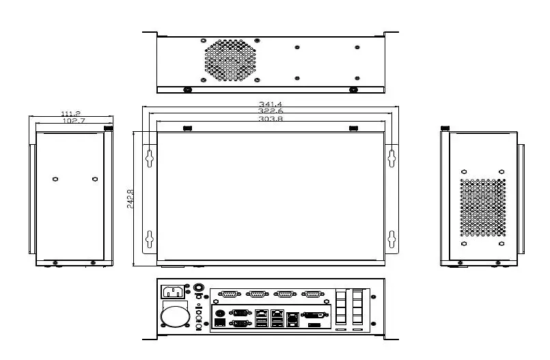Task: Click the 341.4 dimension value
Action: coord(271,104)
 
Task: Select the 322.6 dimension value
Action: coord(271,111)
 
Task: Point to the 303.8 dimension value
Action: coord(271,119)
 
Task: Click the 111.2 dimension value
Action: coord(71,113)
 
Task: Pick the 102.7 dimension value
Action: coord(73,121)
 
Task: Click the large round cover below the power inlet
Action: coord(175,316)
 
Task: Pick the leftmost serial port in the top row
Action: coord(229,294)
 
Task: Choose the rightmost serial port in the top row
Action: coord(312,294)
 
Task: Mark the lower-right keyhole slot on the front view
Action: coord(392,239)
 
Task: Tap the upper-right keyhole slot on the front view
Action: coord(392,156)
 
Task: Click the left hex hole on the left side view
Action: coord(55,178)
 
